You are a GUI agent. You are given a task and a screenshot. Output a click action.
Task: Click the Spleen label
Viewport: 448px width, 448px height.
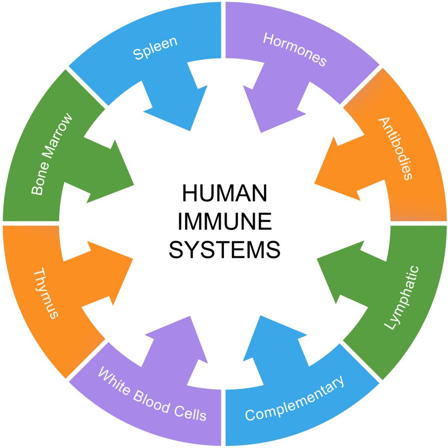[155, 48]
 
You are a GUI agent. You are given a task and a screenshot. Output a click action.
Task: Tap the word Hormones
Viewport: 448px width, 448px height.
[294, 48]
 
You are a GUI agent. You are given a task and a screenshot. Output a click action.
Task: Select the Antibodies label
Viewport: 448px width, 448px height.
[395, 148]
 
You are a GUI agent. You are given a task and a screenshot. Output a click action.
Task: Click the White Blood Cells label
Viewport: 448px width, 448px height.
[152, 394]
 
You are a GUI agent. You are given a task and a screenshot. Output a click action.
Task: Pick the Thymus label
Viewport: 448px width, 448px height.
[46, 293]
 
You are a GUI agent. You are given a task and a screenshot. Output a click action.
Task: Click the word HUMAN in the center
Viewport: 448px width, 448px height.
[224, 194]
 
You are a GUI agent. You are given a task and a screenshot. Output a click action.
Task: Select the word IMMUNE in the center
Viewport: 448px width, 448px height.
[224, 222]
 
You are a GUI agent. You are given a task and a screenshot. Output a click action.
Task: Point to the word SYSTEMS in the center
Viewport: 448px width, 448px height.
[224, 250]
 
